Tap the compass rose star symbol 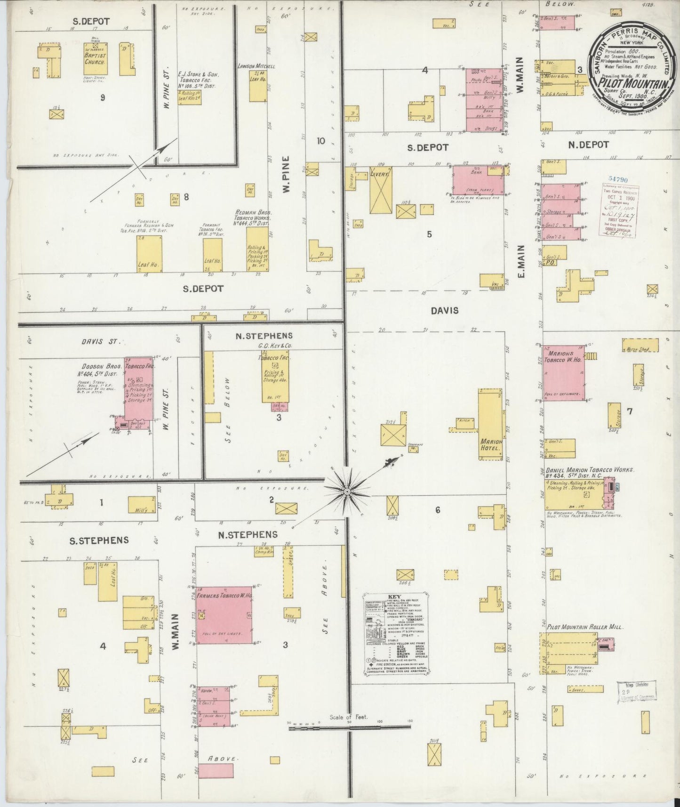tap(347, 492)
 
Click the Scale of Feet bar tap(349, 728)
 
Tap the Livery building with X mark tap(381, 190)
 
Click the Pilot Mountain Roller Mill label tap(585, 628)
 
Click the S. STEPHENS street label tap(99, 540)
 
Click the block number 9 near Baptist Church tap(102, 97)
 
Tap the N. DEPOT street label tap(588, 145)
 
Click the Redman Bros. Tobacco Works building tap(257, 249)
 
